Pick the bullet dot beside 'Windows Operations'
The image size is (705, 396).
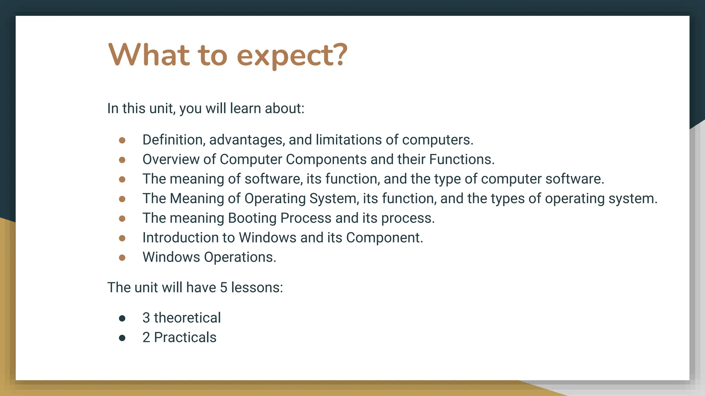point(122,257)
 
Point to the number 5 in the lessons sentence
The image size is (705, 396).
point(223,288)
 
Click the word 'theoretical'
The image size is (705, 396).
point(187,318)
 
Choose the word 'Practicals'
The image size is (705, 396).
point(185,338)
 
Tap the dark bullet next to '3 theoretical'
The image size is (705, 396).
point(122,318)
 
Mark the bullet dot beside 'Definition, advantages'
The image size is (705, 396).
point(122,140)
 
